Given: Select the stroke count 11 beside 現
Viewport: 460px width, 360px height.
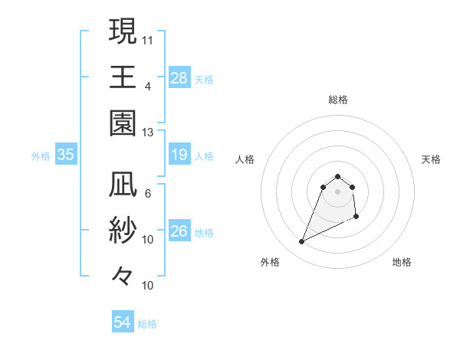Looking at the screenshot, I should [x=148, y=38].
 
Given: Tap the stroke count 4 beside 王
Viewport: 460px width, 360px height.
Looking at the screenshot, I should [x=148, y=85].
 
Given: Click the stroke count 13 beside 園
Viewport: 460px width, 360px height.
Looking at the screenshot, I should [x=148, y=132].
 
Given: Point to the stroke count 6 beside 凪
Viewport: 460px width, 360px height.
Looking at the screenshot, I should [x=148, y=194].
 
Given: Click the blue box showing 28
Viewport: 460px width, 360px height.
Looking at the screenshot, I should [x=179, y=77].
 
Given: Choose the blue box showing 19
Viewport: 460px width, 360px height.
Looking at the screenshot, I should [x=179, y=155].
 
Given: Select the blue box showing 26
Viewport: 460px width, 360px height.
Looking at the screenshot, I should [x=179, y=232].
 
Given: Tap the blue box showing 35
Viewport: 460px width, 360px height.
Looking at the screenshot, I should [x=65, y=155].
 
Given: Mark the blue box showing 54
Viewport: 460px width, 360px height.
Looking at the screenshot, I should [x=122, y=322].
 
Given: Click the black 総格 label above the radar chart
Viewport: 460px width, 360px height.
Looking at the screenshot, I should [x=337, y=100].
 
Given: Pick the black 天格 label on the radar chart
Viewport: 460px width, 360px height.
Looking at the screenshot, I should [x=432, y=159].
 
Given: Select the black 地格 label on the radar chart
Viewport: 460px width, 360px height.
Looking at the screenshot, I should [x=402, y=262].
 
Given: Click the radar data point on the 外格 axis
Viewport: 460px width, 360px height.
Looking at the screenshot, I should [x=301, y=242].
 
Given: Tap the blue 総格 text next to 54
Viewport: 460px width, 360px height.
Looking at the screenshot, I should [x=147, y=324].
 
